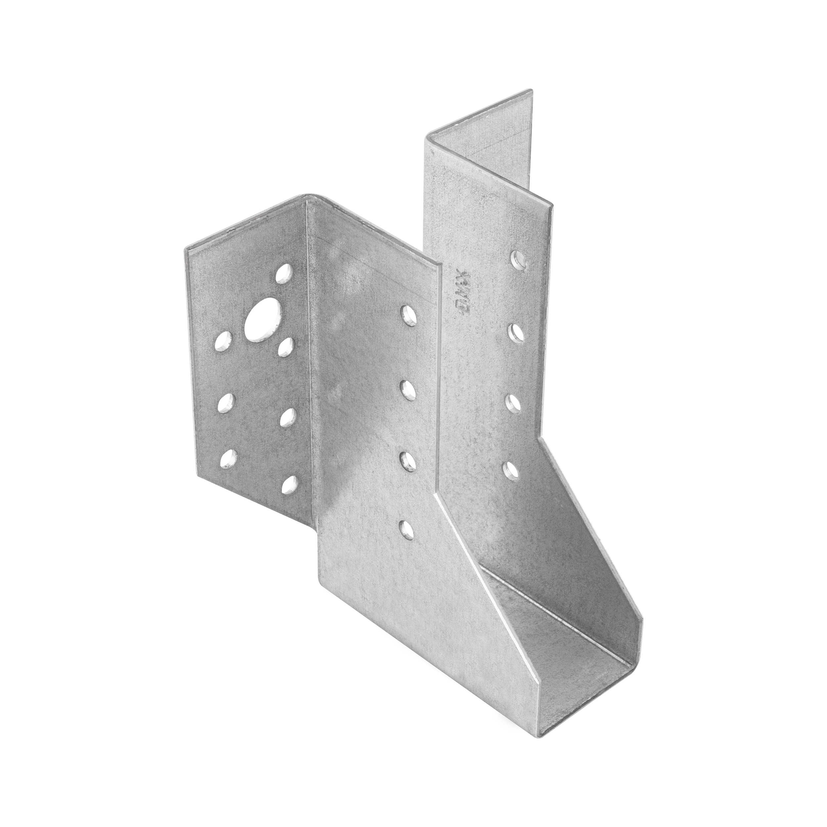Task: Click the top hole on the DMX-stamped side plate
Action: coord(519,258)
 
